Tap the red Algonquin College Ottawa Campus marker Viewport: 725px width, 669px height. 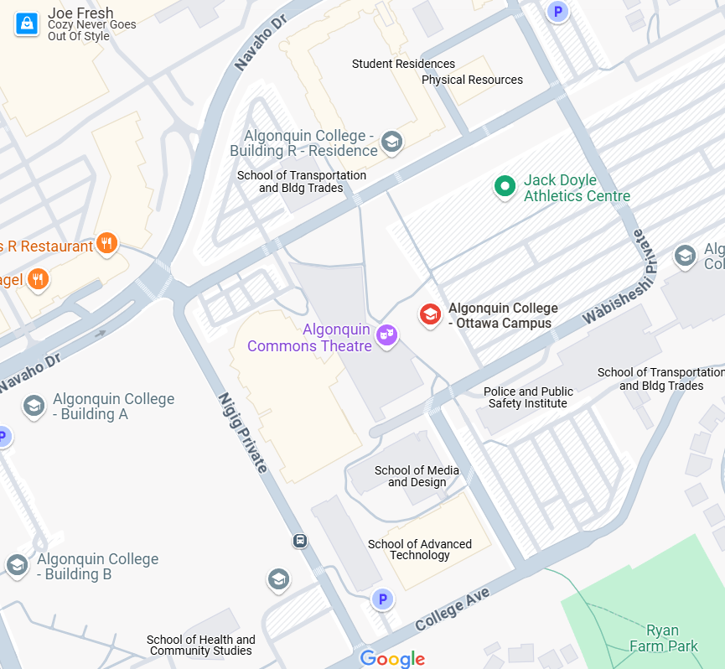[x=430, y=315]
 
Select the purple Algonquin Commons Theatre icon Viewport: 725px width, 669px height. [x=386, y=334]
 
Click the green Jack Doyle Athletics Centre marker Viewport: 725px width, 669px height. [x=505, y=186]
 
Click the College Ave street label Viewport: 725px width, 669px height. [x=452, y=609]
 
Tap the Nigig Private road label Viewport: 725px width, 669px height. [x=242, y=433]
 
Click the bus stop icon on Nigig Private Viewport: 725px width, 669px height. [x=300, y=541]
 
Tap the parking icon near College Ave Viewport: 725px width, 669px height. [x=382, y=599]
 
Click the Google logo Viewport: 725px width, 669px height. [x=392, y=659]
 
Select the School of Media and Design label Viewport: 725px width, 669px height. [x=417, y=476]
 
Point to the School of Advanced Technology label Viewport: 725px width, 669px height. [x=420, y=549]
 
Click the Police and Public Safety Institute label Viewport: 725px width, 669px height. [x=528, y=397]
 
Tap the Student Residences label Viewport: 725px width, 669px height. [x=403, y=64]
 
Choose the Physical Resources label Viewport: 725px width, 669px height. [x=472, y=80]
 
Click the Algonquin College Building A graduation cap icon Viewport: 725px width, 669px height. [x=34, y=406]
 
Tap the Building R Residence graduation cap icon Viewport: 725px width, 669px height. [x=391, y=142]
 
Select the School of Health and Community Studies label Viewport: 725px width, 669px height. [x=201, y=645]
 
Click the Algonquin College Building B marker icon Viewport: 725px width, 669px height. [x=17, y=565]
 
